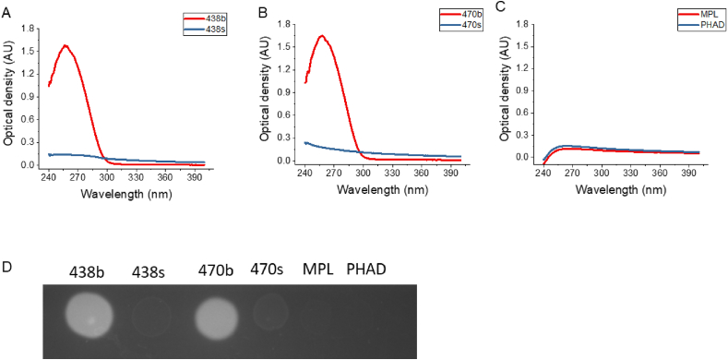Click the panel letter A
click(x=6, y=8)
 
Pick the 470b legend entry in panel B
click(x=452, y=14)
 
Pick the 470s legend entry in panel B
click(x=452, y=26)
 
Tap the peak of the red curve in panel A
click(x=65, y=45)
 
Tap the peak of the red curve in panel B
click(x=322, y=36)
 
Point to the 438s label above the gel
click(x=150, y=271)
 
